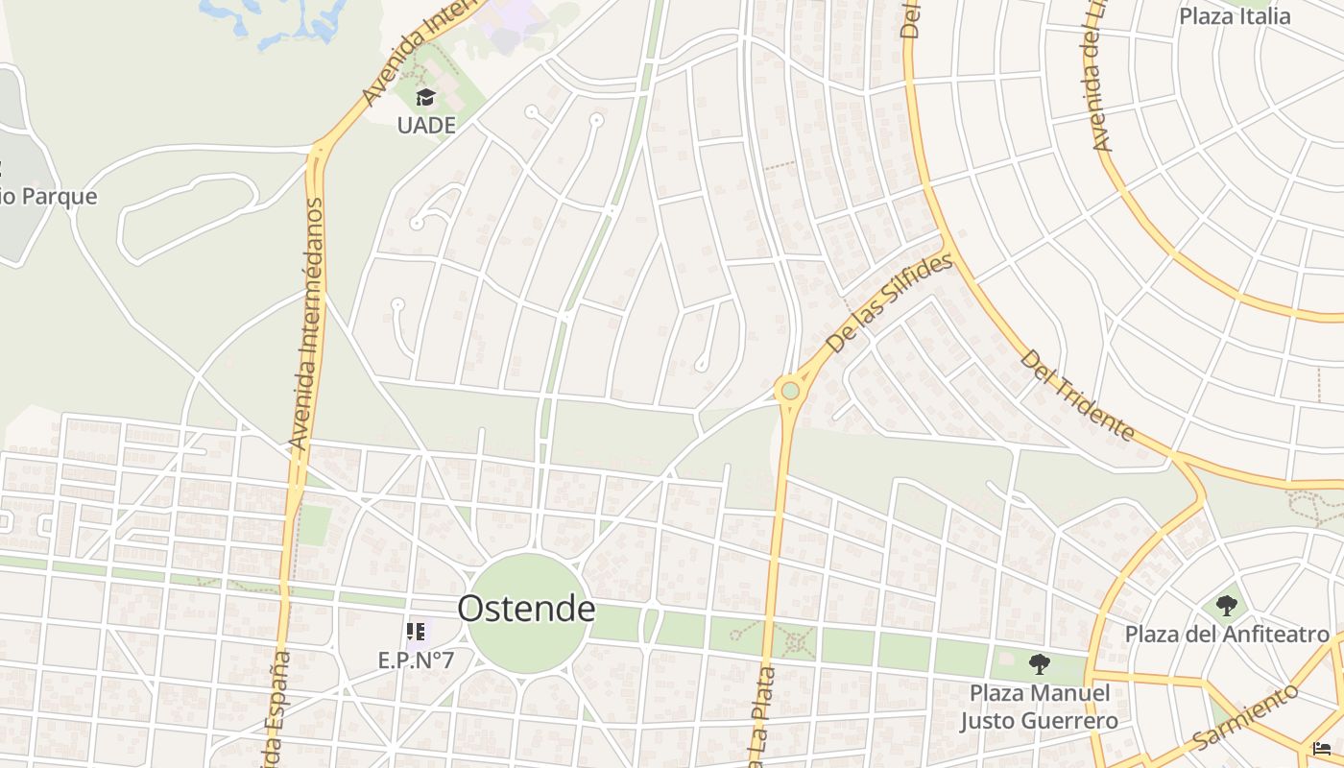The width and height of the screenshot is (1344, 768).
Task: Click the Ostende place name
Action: [x=526, y=609]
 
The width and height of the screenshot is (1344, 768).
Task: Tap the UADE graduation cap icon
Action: [x=425, y=97]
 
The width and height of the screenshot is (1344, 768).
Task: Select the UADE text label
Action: [x=425, y=125]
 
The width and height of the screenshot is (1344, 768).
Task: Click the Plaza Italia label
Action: [x=1235, y=16]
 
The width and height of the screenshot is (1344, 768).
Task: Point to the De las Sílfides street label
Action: [x=891, y=302]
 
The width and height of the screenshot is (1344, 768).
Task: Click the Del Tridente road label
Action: [x=1077, y=395]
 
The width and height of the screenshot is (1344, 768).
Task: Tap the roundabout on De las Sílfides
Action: [x=790, y=391]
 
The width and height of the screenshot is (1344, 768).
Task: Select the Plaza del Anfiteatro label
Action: [x=1227, y=635]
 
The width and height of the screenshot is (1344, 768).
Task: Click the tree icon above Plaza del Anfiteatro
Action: [x=1226, y=606]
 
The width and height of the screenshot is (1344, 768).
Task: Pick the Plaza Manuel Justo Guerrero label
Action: [x=1039, y=707]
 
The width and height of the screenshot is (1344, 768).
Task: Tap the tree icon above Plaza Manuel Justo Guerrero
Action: [x=1039, y=663]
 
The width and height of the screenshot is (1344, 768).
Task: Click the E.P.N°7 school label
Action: [x=416, y=660]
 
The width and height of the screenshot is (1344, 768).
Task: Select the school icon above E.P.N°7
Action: [x=416, y=631]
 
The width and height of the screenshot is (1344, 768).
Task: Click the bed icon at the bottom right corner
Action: [x=1322, y=749]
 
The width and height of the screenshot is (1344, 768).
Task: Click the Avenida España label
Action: [x=275, y=710]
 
